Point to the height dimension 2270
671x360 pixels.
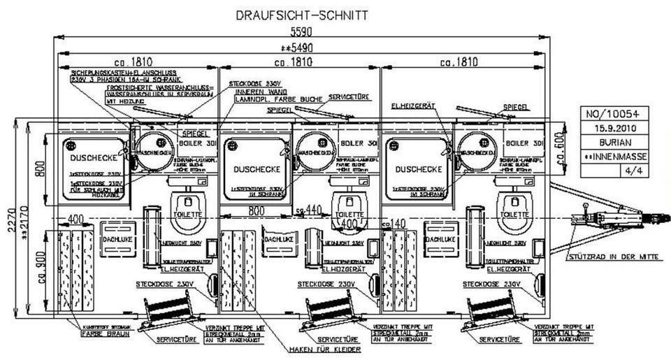pyautogui.click(x=6, y=218)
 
